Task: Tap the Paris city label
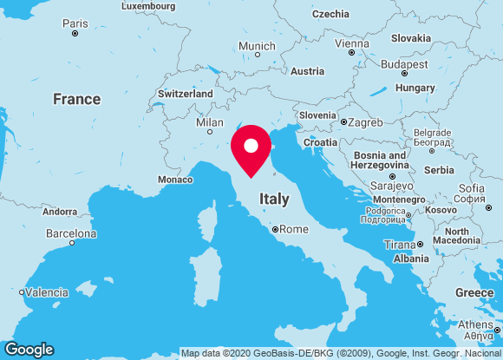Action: tap(75, 23)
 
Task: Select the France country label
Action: tap(76, 99)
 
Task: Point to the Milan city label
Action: tap(210, 122)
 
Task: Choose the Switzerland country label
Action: tap(185, 94)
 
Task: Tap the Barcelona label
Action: tap(71, 233)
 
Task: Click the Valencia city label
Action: tap(47, 292)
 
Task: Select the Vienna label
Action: tap(351, 43)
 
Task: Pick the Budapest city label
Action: tap(404, 64)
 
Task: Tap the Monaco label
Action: tap(175, 180)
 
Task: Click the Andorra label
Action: tap(60, 212)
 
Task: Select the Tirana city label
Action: tap(400, 245)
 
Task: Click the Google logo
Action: tap(29, 349)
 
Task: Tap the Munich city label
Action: tap(257, 46)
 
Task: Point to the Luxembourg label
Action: tap(148, 5)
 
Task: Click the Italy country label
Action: tap(274, 200)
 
